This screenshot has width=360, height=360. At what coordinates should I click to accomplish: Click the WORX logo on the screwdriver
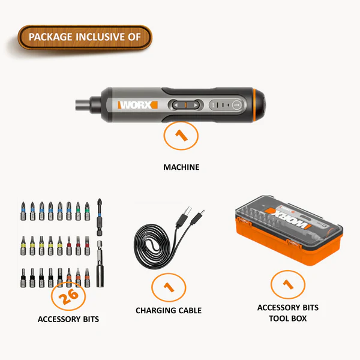(137, 105)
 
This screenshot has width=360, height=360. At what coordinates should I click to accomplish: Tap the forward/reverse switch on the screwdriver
(186, 105)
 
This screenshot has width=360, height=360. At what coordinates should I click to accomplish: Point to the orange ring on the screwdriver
(254, 105)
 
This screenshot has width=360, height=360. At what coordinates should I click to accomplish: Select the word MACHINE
(181, 167)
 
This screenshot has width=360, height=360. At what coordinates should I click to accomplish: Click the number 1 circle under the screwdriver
(181, 136)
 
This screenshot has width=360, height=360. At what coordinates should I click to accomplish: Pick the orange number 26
(68, 296)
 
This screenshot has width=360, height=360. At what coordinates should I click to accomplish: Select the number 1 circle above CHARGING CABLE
(169, 287)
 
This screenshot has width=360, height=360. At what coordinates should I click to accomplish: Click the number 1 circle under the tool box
(288, 284)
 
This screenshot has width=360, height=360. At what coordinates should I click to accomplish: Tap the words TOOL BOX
(288, 319)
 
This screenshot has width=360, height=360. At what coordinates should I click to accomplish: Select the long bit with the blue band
(100, 217)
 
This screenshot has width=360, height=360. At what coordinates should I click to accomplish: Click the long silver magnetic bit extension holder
(100, 264)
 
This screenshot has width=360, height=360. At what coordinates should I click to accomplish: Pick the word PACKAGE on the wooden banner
(50, 37)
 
